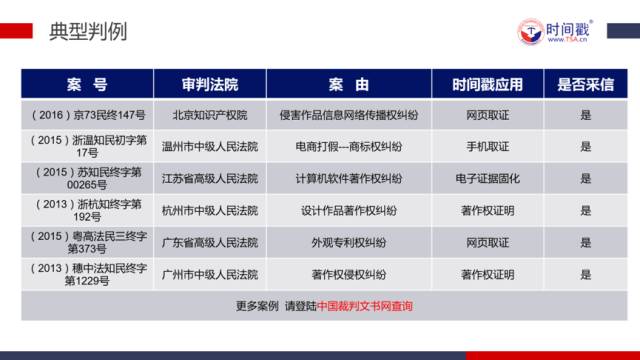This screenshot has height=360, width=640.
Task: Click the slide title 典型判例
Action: point(88,31)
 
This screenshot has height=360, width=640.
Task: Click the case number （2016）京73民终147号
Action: point(88,115)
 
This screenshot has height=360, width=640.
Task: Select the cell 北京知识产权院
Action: point(209,115)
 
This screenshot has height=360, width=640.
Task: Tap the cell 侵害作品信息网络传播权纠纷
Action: point(349,115)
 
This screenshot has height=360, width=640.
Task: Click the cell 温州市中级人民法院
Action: point(209,146)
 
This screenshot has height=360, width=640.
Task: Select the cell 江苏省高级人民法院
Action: point(209,178)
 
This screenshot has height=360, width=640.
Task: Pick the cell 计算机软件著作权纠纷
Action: point(349,178)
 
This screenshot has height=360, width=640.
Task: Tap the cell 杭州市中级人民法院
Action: point(209,210)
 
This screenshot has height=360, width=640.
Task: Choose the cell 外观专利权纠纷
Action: point(349,242)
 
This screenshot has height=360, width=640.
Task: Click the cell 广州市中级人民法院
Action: point(209,274)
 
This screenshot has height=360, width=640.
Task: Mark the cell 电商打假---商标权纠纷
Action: point(349,146)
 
